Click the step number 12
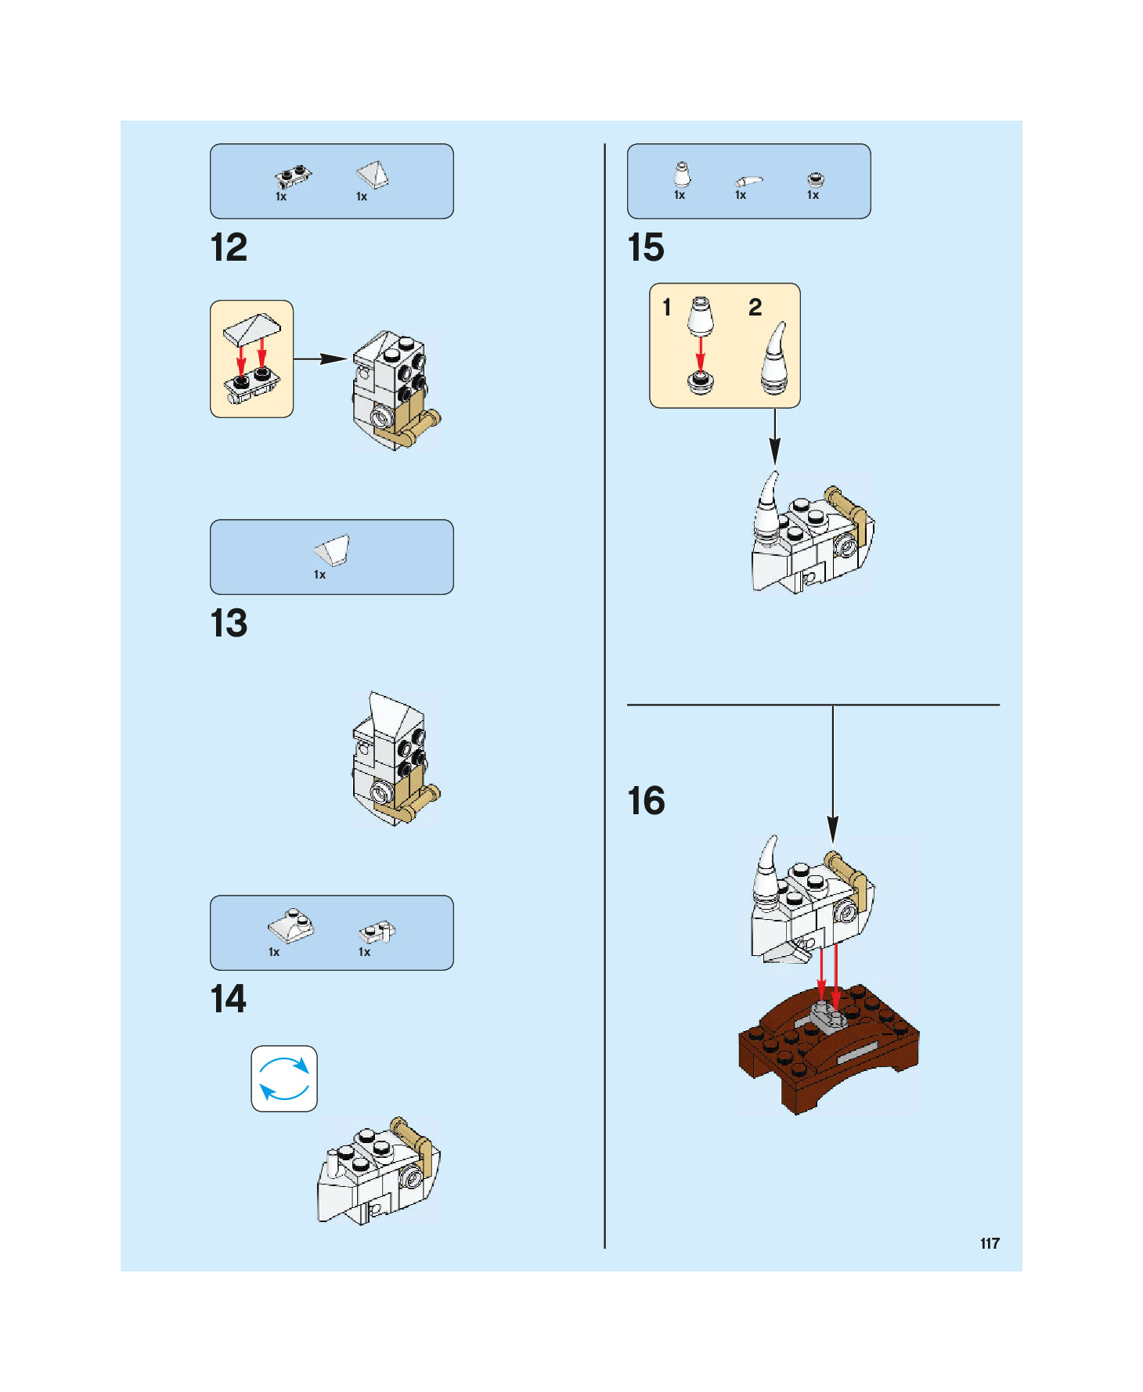coord(229,248)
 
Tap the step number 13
coord(229,624)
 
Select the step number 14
coord(229,1000)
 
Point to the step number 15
coord(646,248)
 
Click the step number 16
coord(646,801)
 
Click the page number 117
coord(990,1243)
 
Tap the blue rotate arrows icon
coord(284,1079)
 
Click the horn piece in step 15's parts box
coord(748,181)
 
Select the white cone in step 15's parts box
coord(682,175)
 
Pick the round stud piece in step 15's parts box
coord(815,179)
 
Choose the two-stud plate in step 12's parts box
coord(293,176)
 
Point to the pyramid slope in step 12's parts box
coord(372,175)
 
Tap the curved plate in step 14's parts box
coord(290,926)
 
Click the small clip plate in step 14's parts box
coord(377,932)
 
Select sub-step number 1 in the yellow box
coord(667,308)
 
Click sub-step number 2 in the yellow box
coord(755,308)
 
